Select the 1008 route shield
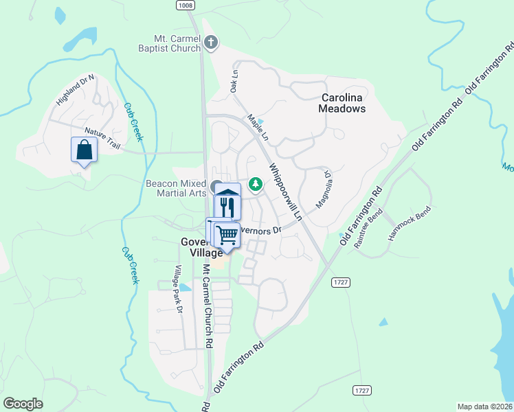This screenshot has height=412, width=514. coord(185,5)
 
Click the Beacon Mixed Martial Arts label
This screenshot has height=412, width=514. coord(176,188)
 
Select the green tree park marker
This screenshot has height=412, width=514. coord(256,183)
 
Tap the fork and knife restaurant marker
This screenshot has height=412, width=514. coord(227,206)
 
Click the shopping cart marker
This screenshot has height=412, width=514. coord(226,235)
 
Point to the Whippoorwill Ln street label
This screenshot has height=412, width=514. coord(286,191)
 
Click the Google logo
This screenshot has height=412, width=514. coord(23,404)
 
